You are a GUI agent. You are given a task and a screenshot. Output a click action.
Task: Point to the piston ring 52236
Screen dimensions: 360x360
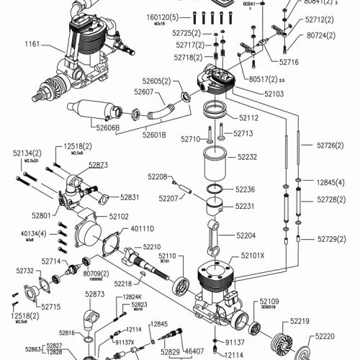tap(211, 189)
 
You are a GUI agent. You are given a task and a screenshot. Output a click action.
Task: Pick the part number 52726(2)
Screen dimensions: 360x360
tap(331, 145)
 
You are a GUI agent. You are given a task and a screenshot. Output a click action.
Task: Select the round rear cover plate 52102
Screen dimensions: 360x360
tap(94, 239)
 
